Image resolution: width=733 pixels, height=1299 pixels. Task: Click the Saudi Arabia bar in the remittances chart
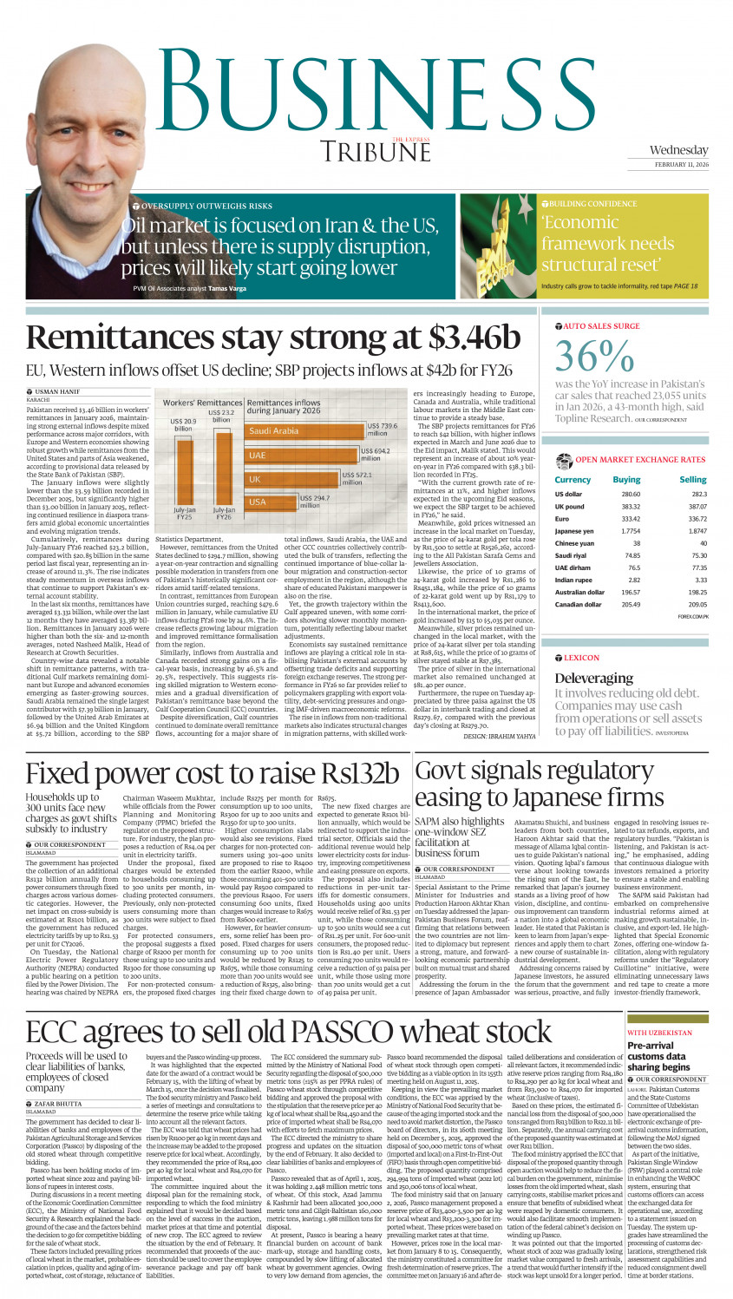pos(304,431)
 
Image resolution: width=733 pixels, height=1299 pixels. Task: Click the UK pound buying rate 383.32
pos(631,507)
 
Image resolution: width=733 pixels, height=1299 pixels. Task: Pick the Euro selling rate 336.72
pos(697,519)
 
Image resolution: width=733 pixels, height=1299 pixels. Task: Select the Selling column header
pos(692,480)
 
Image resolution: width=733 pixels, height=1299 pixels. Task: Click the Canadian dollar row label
pos(579,605)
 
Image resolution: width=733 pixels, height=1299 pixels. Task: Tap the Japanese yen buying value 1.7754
pos(631,531)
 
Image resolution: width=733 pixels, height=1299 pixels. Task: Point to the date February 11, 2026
pos(681,164)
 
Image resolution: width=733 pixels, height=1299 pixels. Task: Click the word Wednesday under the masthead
pos(678,150)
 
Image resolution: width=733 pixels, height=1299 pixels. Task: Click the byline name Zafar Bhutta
pos(58,1105)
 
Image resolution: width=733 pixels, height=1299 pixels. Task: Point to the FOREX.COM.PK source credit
pos(693,617)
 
